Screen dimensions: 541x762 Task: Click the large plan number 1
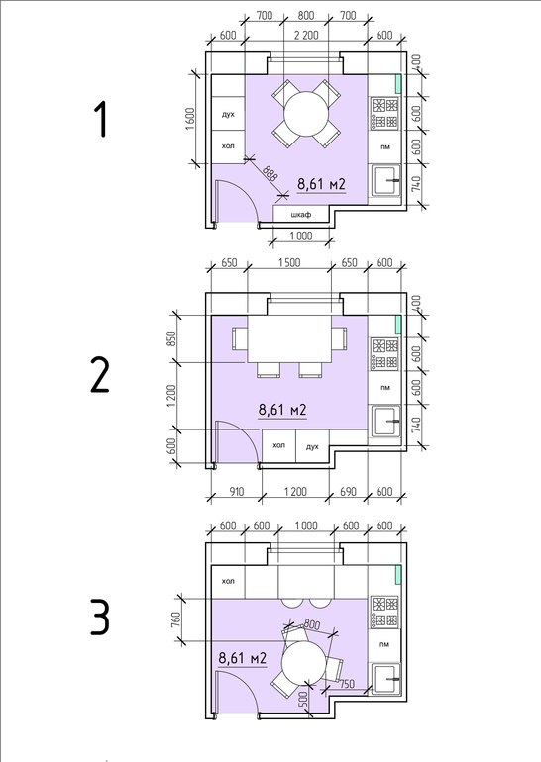click(x=101, y=120)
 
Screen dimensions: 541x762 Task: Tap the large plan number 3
click(x=100, y=618)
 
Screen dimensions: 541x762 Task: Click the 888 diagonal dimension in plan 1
click(x=270, y=174)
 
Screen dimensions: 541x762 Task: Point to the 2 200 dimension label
click(x=306, y=35)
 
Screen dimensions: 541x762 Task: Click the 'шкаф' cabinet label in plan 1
click(x=300, y=215)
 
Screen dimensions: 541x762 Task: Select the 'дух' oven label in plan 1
click(x=228, y=114)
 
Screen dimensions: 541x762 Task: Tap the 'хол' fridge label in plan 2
click(x=278, y=445)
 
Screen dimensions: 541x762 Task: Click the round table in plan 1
click(x=305, y=115)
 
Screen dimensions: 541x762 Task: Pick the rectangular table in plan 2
click(x=290, y=338)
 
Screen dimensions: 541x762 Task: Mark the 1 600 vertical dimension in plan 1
click(x=190, y=119)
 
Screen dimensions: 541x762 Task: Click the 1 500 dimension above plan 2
click(x=289, y=262)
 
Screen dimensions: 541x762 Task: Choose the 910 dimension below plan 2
click(x=236, y=491)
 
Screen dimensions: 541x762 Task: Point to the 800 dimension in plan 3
click(x=311, y=624)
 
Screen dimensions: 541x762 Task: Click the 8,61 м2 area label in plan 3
click(x=243, y=658)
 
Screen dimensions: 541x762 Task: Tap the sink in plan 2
click(x=385, y=421)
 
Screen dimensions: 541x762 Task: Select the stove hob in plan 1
click(x=385, y=114)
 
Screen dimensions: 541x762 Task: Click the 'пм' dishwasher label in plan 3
click(x=384, y=644)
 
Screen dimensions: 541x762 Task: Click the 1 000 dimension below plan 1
click(x=301, y=237)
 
